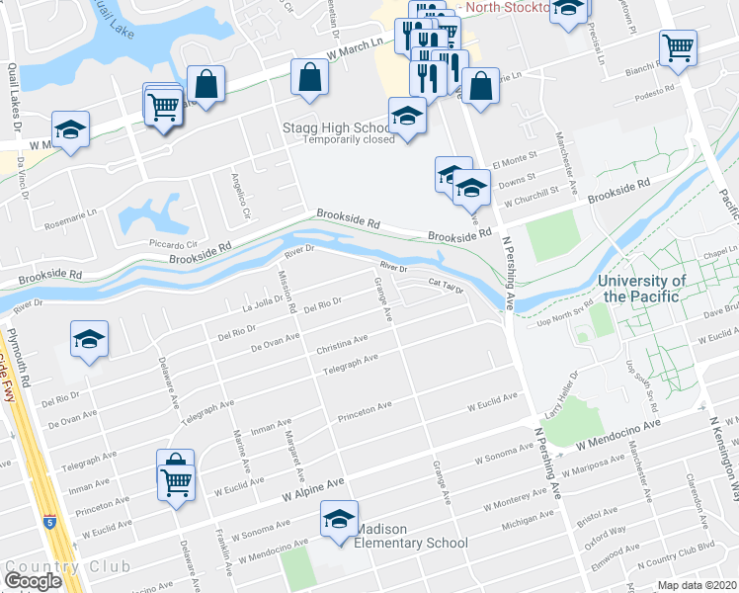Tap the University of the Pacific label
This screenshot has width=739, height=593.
coord(642,289)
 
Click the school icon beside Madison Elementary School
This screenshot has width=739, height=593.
coord(339,520)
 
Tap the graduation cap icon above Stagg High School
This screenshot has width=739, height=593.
coord(407,117)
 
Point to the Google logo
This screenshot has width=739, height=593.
coord(32,581)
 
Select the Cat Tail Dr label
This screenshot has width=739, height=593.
coord(446,286)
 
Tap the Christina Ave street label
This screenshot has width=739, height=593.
coord(342,346)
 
